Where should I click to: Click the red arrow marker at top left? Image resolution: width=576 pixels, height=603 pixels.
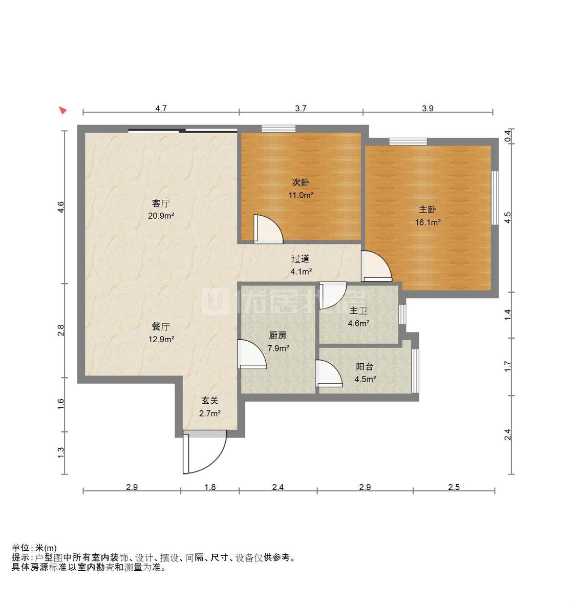[x=63, y=110]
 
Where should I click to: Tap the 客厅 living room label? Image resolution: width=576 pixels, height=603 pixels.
[x=161, y=203]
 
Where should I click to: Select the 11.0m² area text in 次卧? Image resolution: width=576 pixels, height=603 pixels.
[x=301, y=195]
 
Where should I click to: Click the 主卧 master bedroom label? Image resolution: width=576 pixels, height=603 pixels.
[x=428, y=210]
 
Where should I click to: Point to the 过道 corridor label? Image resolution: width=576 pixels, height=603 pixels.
[x=301, y=259]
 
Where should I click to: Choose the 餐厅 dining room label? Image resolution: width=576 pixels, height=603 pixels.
[x=161, y=327]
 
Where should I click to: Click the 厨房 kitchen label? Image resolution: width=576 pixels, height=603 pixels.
[x=278, y=336]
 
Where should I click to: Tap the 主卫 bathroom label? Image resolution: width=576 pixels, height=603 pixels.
[x=358, y=310]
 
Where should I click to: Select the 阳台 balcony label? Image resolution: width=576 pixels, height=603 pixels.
[x=364, y=366]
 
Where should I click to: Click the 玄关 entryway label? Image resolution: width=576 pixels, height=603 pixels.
[x=210, y=401]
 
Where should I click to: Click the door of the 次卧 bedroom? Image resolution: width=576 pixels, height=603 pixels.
[x=268, y=229]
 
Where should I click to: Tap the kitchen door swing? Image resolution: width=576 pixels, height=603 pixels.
[x=252, y=355]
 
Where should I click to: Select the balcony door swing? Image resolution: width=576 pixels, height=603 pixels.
[x=329, y=373]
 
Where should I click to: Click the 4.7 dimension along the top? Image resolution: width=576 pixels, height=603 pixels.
[x=161, y=109]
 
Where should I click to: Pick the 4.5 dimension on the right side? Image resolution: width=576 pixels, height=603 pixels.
[x=507, y=218]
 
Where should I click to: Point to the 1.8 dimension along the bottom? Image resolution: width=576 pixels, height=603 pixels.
[x=210, y=487]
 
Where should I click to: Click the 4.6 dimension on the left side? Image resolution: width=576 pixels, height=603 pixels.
[x=61, y=207]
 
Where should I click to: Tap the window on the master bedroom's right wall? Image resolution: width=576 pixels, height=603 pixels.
[x=495, y=198]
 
